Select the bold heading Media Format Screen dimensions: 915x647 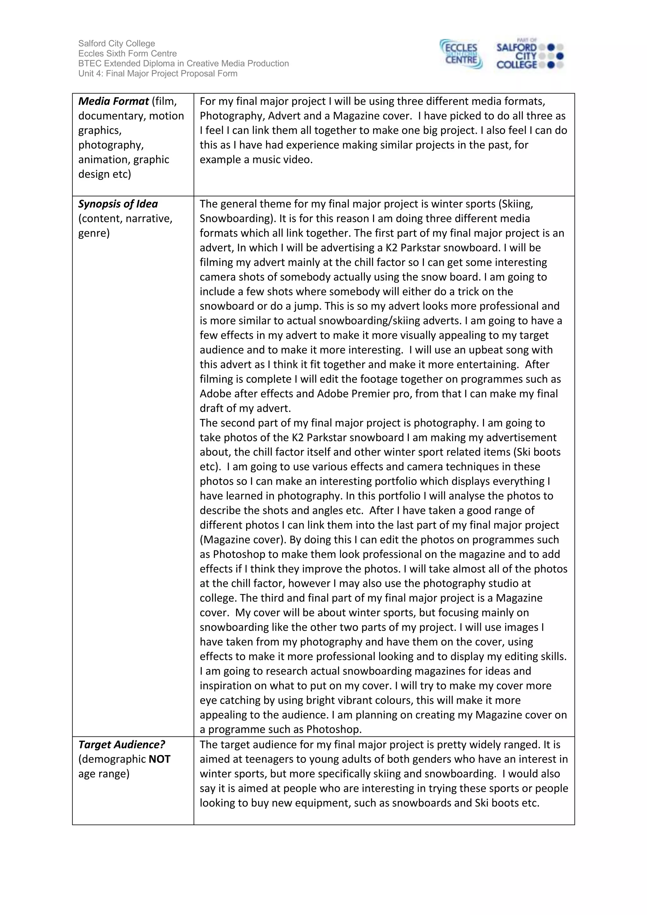[113, 101]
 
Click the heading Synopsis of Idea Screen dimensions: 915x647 [118, 204]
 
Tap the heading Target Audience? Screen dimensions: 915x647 [122, 745]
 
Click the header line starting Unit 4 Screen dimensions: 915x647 [158, 73]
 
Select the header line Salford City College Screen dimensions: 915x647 [117, 43]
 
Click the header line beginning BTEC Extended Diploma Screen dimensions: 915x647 [183, 64]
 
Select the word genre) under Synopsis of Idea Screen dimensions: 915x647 [94, 233]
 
